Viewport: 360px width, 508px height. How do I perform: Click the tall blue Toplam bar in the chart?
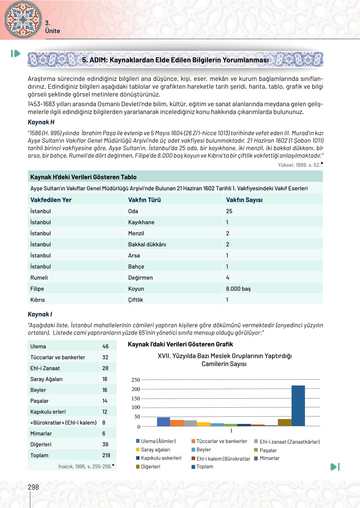298,406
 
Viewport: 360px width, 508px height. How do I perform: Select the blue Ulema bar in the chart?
164,422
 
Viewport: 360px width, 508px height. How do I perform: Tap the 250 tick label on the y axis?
136,380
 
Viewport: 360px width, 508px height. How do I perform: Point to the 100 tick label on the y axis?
136,407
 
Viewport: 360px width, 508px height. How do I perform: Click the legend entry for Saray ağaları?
155,450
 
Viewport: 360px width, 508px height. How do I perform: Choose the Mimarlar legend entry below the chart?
269,458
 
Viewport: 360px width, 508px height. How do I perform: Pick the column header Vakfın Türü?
144,200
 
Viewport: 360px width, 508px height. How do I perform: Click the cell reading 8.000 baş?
238,289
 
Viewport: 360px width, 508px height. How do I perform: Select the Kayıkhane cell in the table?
141,222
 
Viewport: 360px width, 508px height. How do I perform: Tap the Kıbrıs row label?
37,300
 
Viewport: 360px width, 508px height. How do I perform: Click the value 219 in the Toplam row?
106,455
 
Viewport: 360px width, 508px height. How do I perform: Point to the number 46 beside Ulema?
105,346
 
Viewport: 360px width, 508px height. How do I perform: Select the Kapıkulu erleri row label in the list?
48,412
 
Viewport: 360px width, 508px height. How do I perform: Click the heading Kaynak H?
41,122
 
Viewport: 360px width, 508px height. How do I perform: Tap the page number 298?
33,487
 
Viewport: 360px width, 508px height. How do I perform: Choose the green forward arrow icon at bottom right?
335,467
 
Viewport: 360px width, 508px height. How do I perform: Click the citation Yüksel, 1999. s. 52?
299,165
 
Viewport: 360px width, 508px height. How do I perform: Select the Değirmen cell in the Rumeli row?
140,278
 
